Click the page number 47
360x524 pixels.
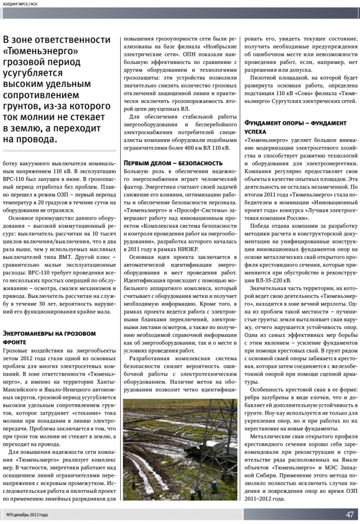click(x=349, y=514)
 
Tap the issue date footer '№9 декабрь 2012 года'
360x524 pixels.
click(x=27, y=515)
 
